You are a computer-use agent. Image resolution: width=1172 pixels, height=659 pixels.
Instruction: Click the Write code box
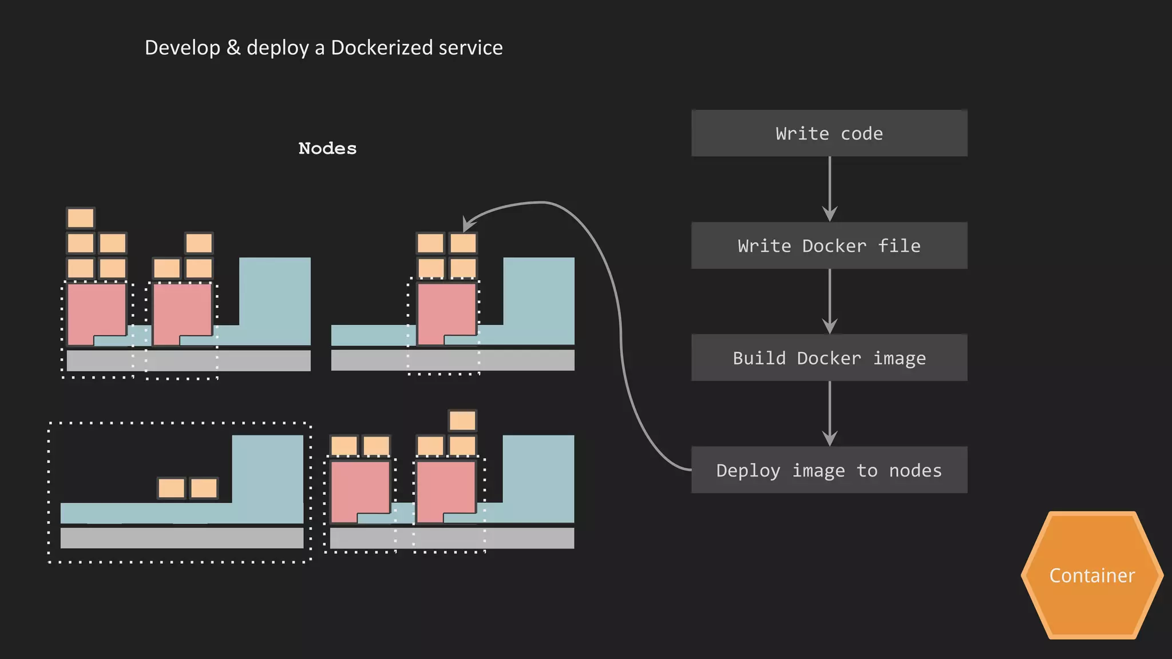pos(829,133)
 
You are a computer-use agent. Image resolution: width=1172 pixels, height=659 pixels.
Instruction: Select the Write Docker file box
pos(829,245)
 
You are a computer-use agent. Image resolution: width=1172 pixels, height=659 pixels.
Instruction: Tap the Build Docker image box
pos(829,358)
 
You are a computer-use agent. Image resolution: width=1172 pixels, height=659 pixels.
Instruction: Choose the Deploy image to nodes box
pos(829,470)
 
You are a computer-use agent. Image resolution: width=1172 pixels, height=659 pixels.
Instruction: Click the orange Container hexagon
pos(1091,575)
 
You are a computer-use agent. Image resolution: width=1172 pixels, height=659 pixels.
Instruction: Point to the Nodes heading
pos(327,148)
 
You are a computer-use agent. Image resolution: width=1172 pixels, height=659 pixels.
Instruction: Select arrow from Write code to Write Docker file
pos(829,189)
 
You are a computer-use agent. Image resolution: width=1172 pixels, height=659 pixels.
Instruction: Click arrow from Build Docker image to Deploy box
pos(829,413)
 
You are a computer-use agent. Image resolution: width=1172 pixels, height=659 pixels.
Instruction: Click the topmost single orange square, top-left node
pos(81,218)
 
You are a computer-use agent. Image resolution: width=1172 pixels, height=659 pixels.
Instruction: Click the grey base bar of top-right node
pos(452,360)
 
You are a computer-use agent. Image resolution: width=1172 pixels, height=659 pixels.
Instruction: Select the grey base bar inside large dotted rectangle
pos(181,538)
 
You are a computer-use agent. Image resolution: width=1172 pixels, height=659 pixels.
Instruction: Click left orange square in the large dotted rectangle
pos(172,489)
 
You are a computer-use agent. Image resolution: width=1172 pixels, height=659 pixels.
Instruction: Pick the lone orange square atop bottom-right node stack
pos(462,420)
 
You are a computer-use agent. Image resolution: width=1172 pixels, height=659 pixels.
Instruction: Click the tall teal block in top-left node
pos(275,297)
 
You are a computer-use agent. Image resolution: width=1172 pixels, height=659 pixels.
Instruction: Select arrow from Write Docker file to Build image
pos(829,301)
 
